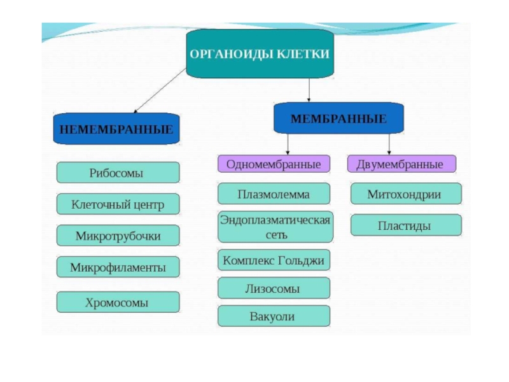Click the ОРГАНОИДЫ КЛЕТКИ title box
(260, 54)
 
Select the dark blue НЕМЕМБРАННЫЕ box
(116, 129)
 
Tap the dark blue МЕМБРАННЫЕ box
(338, 118)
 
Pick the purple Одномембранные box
(274, 164)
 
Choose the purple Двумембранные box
(401, 164)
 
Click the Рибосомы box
(118, 173)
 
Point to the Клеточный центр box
(118, 204)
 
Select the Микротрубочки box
(118, 236)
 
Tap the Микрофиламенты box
(118, 267)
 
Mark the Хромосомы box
(118, 302)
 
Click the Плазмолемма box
(274, 194)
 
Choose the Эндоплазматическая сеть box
(275, 227)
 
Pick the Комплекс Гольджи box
(274, 260)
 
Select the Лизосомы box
(274, 288)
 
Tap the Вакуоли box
(274, 316)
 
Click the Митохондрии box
(405, 194)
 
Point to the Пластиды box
(405, 225)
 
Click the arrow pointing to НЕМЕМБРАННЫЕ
(159, 90)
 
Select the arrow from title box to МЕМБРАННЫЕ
(309, 89)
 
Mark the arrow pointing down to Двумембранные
(389, 143)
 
